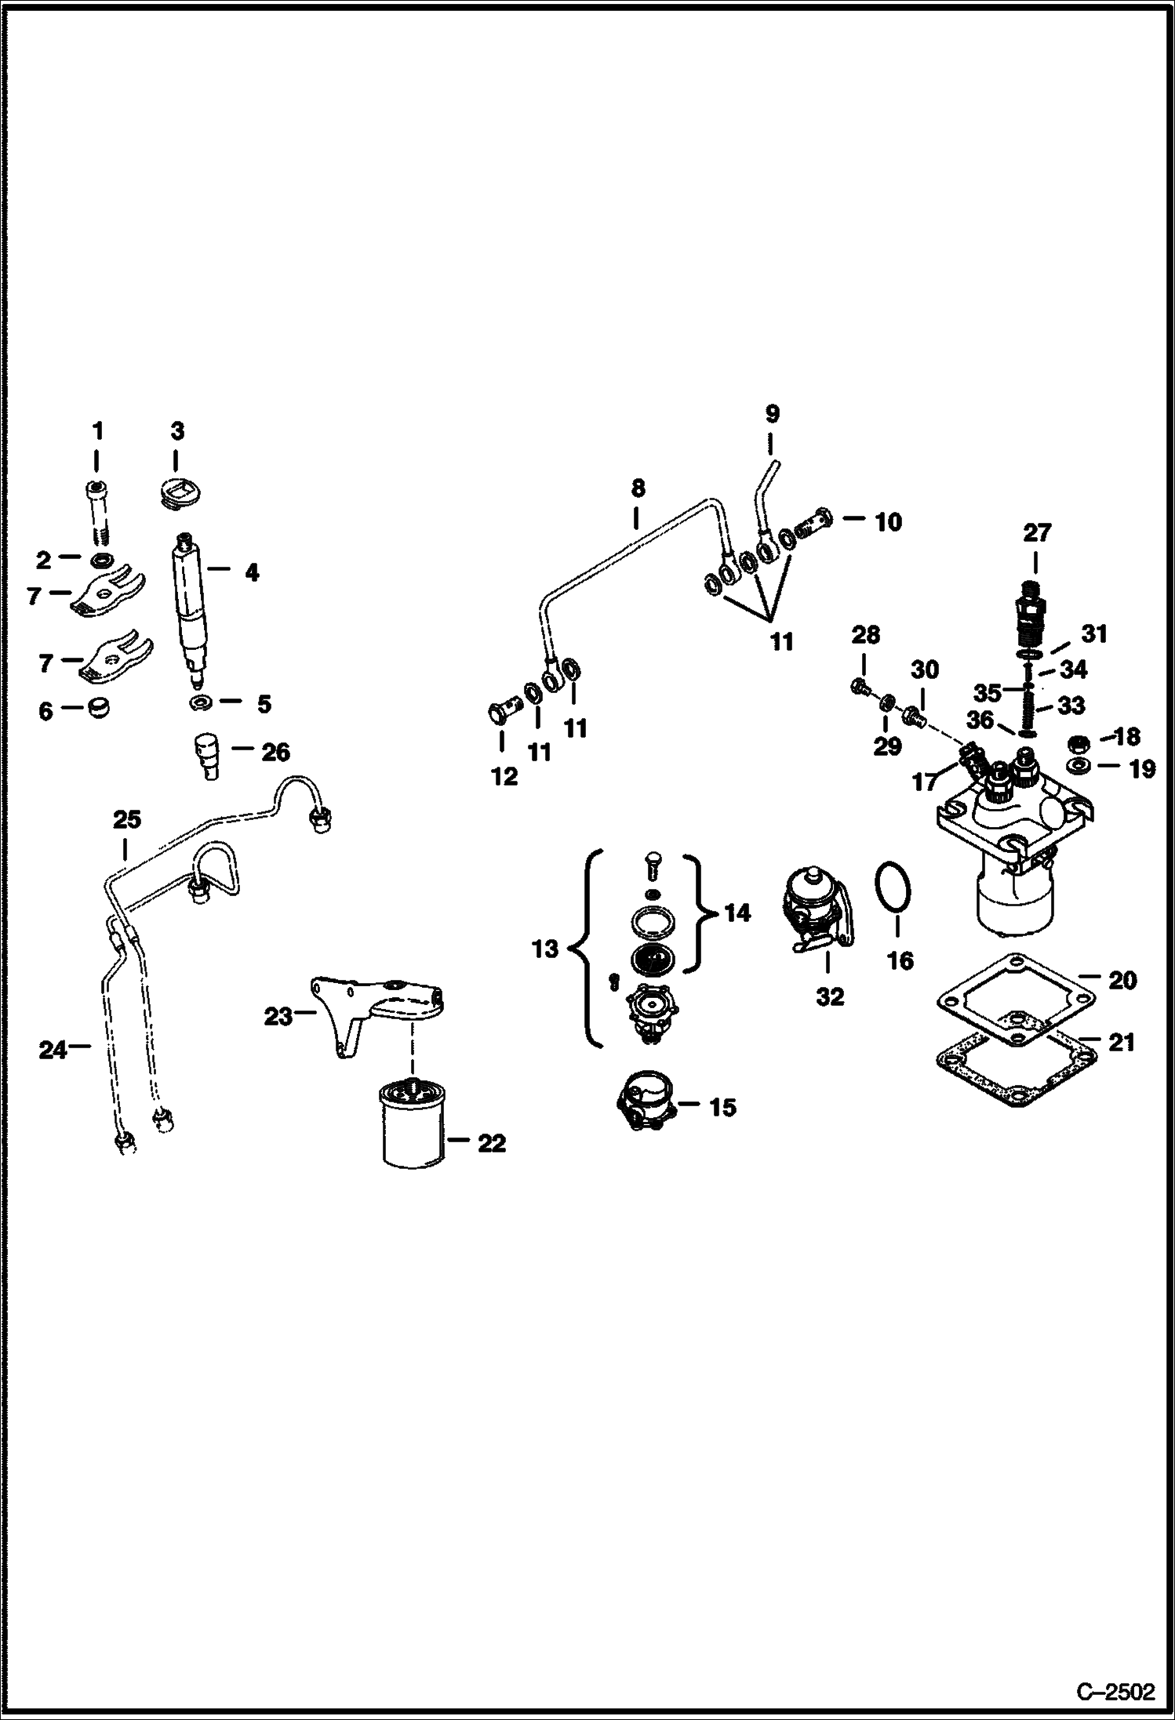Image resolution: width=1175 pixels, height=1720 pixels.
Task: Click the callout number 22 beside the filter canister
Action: tap(492, 1143)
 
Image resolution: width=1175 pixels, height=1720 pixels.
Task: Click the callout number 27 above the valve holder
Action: tap(1036, 533)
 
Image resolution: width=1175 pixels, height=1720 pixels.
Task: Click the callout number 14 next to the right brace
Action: tap(737, 913)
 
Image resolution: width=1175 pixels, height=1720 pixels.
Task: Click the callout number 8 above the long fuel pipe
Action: tap(638, 488)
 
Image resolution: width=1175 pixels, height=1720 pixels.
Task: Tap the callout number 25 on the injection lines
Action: tap(127, 820)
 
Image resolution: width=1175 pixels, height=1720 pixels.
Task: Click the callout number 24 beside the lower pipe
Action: tap(53, 1049)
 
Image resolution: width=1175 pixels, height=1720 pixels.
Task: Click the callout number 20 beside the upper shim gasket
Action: tap(1122, 980)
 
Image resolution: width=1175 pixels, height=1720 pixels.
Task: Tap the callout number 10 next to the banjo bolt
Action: tap(888, 521)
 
